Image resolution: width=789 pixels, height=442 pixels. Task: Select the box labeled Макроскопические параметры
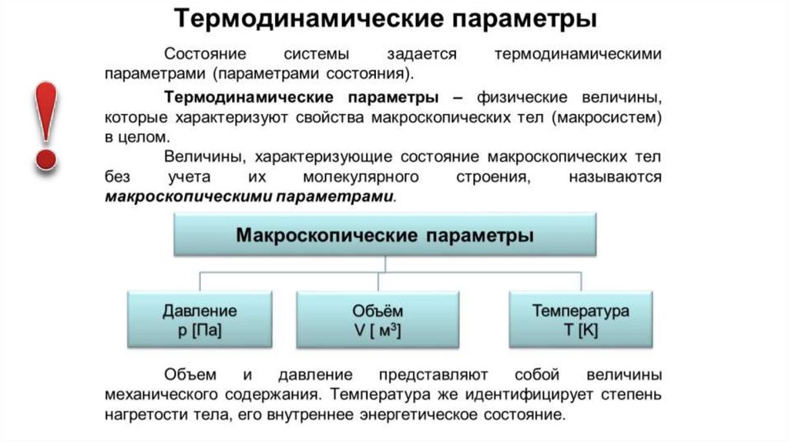coord(384,235)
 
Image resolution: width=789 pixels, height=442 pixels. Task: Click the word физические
coord(522,99)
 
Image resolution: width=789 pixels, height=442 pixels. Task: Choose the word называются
coord(616,178)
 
